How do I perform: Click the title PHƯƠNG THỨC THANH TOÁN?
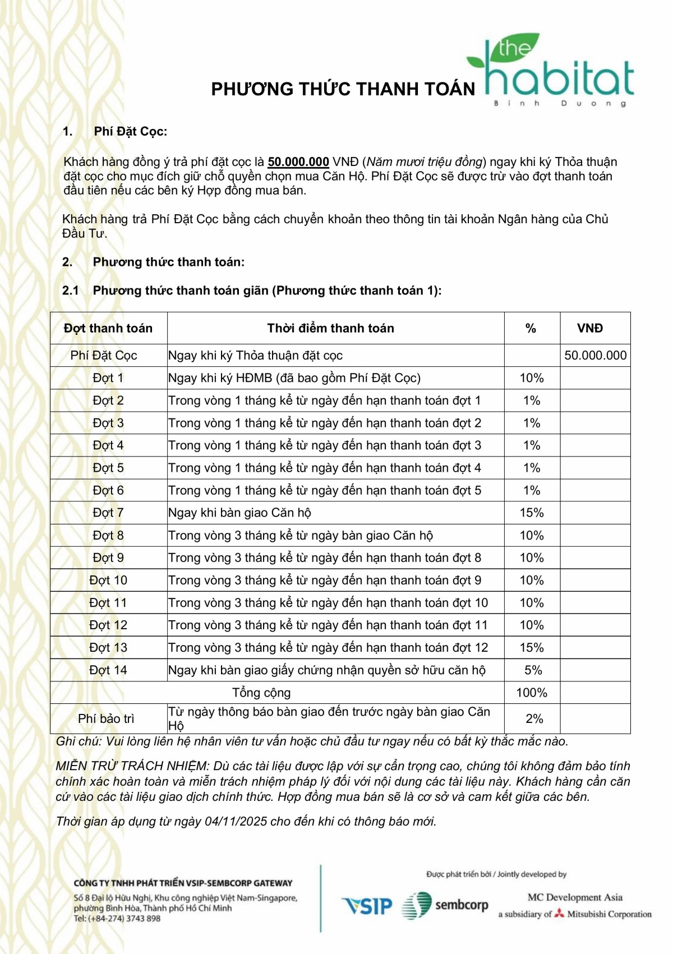[x=343, y=89]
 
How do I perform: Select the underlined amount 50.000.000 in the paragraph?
[x=298, y=162]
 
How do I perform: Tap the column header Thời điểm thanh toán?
[x=330, y=328]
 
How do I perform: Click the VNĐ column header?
[x=590, y=328]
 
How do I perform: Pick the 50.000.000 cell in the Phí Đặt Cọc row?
[x=595, y=356]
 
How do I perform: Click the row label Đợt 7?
[x=108, y=513]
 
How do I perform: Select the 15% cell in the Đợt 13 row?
[x=531, y=648]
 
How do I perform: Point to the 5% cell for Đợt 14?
[x=533, y=670]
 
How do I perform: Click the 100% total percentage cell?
[x=531, y=693]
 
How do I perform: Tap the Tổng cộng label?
[x=261, y=693]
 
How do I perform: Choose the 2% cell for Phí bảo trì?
[x=534, y=718]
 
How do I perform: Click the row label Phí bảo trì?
[x=106, y=718]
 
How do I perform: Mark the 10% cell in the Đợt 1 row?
[x=531, y=378]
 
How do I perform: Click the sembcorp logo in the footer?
[x=445, y=905]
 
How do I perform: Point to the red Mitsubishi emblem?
[x=559, y=914]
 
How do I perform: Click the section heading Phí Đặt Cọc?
[x=130, y=132]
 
